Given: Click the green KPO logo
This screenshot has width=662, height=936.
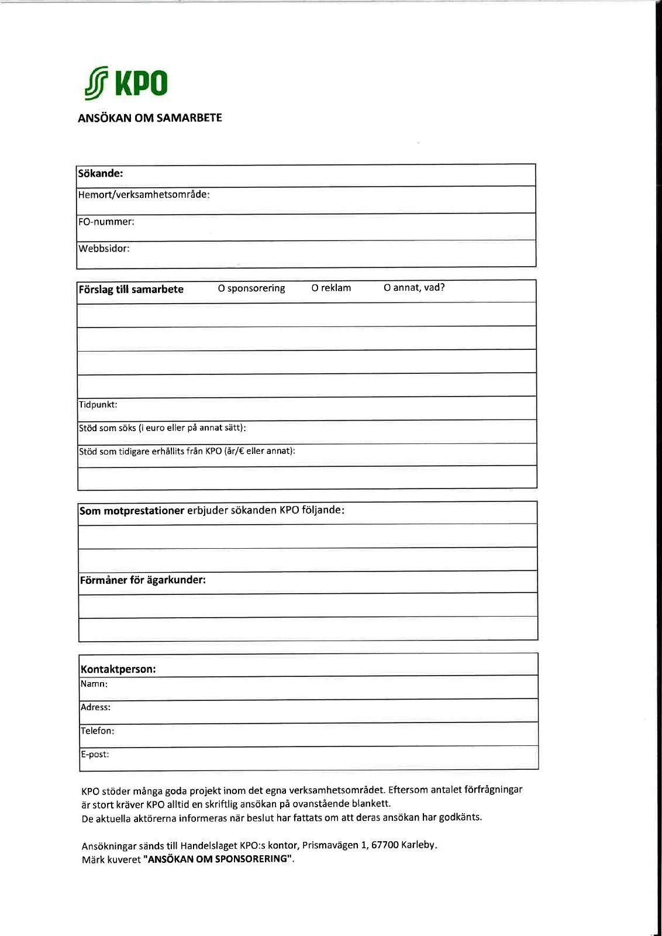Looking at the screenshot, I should [x=126, y=83].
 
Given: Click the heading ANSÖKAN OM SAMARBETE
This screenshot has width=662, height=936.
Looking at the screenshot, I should [x=150, y=118].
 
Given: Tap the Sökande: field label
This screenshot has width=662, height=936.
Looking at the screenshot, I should [x=101, y=174].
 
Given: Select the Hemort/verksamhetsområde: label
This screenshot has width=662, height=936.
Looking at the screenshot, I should [x=144, y=195].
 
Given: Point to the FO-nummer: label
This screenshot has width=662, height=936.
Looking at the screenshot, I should [x=106, y=222].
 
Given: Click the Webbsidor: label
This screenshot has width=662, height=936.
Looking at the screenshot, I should [x=104, y=249].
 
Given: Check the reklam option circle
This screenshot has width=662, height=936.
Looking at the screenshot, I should [x=315, y=288].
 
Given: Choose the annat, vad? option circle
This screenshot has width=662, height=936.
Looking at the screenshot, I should [x=387, y=287].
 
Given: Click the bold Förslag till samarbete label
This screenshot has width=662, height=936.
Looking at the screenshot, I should [x=131, y=290].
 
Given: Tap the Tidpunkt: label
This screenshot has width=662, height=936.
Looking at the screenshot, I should [x=98, y=405].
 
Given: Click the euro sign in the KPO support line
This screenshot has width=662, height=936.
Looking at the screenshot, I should [x=240, y=451].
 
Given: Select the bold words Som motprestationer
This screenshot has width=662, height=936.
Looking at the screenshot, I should [x=132, y=511].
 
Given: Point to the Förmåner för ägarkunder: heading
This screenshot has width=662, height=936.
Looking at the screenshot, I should [x=143, y=580].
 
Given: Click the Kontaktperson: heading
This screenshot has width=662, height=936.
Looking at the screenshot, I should [x=118, y=669].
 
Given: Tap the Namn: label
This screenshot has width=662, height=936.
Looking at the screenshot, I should [x=94, y=684].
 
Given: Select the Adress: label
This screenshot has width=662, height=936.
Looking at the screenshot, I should [x=96, y=707].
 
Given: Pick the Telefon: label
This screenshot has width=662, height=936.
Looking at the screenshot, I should [x=98, y=731].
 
